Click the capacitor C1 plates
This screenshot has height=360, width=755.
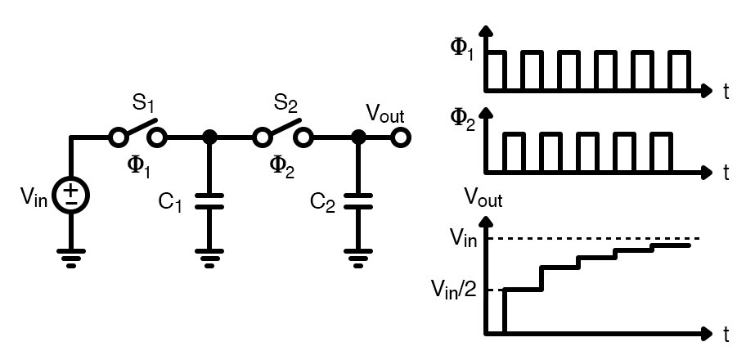[x=210, y=201]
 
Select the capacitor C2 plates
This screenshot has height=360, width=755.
[x=357, y=201]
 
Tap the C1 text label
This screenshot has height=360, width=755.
[x=170, y=202]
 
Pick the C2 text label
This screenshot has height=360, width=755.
[x=322, y=201]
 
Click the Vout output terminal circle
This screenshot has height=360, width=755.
[x=400, y=137]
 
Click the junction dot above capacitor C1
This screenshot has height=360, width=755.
[x=210, y=137]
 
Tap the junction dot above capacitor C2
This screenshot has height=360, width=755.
[x=357, y=137]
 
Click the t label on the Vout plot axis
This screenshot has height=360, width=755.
[x=726, y=335]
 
